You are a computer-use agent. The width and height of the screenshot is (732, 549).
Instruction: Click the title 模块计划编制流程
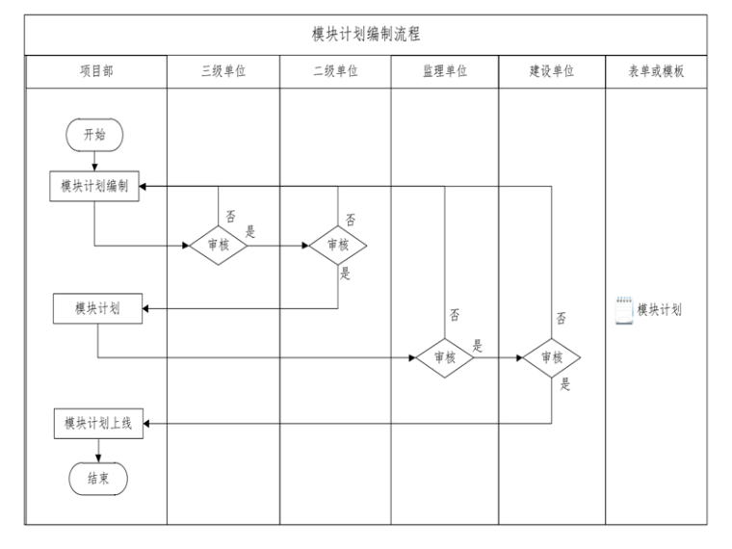365,33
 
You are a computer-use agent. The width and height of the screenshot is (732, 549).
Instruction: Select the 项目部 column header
94,72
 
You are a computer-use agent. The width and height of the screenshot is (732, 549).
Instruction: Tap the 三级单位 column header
223,72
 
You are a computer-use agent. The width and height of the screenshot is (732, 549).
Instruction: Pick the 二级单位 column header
335,72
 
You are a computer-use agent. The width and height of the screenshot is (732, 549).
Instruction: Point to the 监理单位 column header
445,72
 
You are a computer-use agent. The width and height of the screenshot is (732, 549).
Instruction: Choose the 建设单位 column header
552,72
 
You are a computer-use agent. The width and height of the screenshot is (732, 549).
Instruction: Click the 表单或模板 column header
657,72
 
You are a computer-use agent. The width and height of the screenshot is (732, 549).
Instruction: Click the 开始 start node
94,135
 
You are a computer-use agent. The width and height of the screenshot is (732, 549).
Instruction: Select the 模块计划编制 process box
95,186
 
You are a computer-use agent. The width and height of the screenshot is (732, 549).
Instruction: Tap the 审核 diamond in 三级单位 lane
218,245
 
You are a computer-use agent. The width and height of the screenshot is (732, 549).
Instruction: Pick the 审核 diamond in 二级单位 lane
338,245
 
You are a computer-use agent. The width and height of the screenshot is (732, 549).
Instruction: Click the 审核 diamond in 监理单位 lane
444,356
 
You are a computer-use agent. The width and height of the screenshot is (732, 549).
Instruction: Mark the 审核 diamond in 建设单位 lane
552,356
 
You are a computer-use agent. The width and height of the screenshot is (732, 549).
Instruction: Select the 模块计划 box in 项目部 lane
98,309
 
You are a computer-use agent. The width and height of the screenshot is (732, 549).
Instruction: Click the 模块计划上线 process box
98,424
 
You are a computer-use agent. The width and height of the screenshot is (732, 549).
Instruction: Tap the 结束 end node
98,477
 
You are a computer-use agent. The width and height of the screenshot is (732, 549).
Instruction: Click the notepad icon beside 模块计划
624,311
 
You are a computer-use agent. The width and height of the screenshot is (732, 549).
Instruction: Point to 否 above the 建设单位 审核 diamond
561,319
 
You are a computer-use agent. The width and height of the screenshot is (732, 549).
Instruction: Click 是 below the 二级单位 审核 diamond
346,274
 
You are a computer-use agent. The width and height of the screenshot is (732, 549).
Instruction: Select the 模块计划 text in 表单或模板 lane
660,310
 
